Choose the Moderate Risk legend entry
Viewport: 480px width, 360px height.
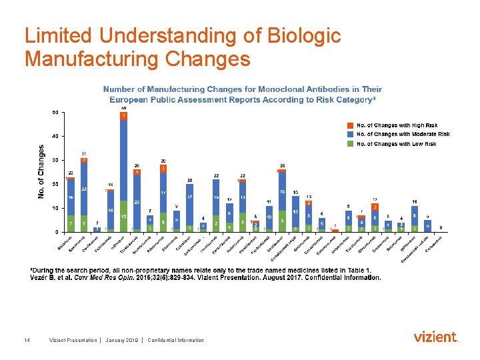tap(406, 134)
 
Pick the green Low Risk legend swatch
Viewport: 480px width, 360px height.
tap(350, 143)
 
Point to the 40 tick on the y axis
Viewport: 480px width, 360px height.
tap(54, 136)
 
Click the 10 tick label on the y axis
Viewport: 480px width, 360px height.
tap(54, 208)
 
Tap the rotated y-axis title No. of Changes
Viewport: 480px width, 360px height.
tap(41, 171)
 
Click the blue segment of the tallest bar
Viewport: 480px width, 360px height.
tap(123, 160)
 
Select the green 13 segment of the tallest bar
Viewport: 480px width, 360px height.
tap(123, 216)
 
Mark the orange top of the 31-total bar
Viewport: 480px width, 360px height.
tap(84, 160)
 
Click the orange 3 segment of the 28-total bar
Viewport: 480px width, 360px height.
tap(163, 169)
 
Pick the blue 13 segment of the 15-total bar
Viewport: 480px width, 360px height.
tap(295, 211)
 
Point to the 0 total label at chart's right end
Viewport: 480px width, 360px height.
tap(441, 227)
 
